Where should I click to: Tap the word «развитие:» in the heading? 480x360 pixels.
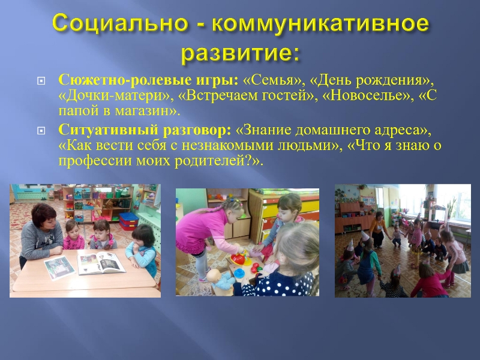(x=240, y=53)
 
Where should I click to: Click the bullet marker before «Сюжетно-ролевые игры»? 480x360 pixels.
(x=41, y=81)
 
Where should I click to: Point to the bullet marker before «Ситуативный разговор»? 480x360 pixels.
(x=41, y=131)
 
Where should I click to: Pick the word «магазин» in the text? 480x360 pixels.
(x=142, y=111)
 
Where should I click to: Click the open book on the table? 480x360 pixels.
(x=101, y=263)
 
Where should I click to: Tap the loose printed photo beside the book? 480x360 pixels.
(x=59, y=268)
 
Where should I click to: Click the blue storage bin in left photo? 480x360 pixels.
(x=128, y=221)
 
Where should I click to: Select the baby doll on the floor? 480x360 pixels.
(x=220, y=278)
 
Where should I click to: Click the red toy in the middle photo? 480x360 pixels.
(x=238, y=259)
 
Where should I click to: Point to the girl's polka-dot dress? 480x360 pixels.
(x=275, y=284)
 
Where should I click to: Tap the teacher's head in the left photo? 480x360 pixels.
(x=44, y=215)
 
